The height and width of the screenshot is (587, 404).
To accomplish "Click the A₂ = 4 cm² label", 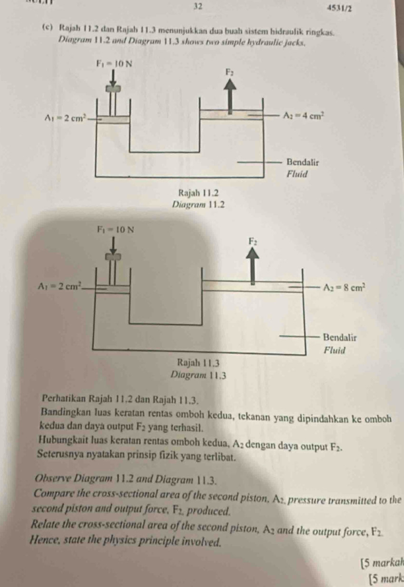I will coord(304,115).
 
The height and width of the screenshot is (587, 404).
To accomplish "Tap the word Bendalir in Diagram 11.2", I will coord(303,161).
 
